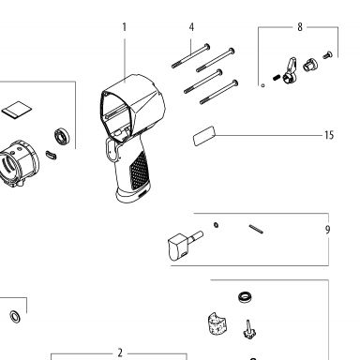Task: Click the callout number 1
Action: click(x=125, y=27)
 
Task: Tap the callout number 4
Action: click(x=191, y=27)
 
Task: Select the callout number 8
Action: click(x=300, y=27)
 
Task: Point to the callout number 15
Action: click(x=329, y=135)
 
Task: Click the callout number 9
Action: click(x=327, y=230)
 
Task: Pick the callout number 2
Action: click(x=120, y=353)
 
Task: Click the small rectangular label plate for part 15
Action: click(x=204, y=136)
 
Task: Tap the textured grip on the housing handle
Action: click(x=139, y=171)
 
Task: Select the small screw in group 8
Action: click(x=327, y=55)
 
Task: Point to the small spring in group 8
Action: click(x=276, y=77)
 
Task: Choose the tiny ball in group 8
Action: click(x=263, y=85)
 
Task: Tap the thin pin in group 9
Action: click(x=256, y=229)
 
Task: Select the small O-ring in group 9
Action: click(x=216, y=224)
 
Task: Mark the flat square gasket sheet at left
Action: click(x=17, y=110)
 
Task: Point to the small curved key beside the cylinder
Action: click(x=51, y=155)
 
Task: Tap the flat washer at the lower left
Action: click(x=15, y=317)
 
